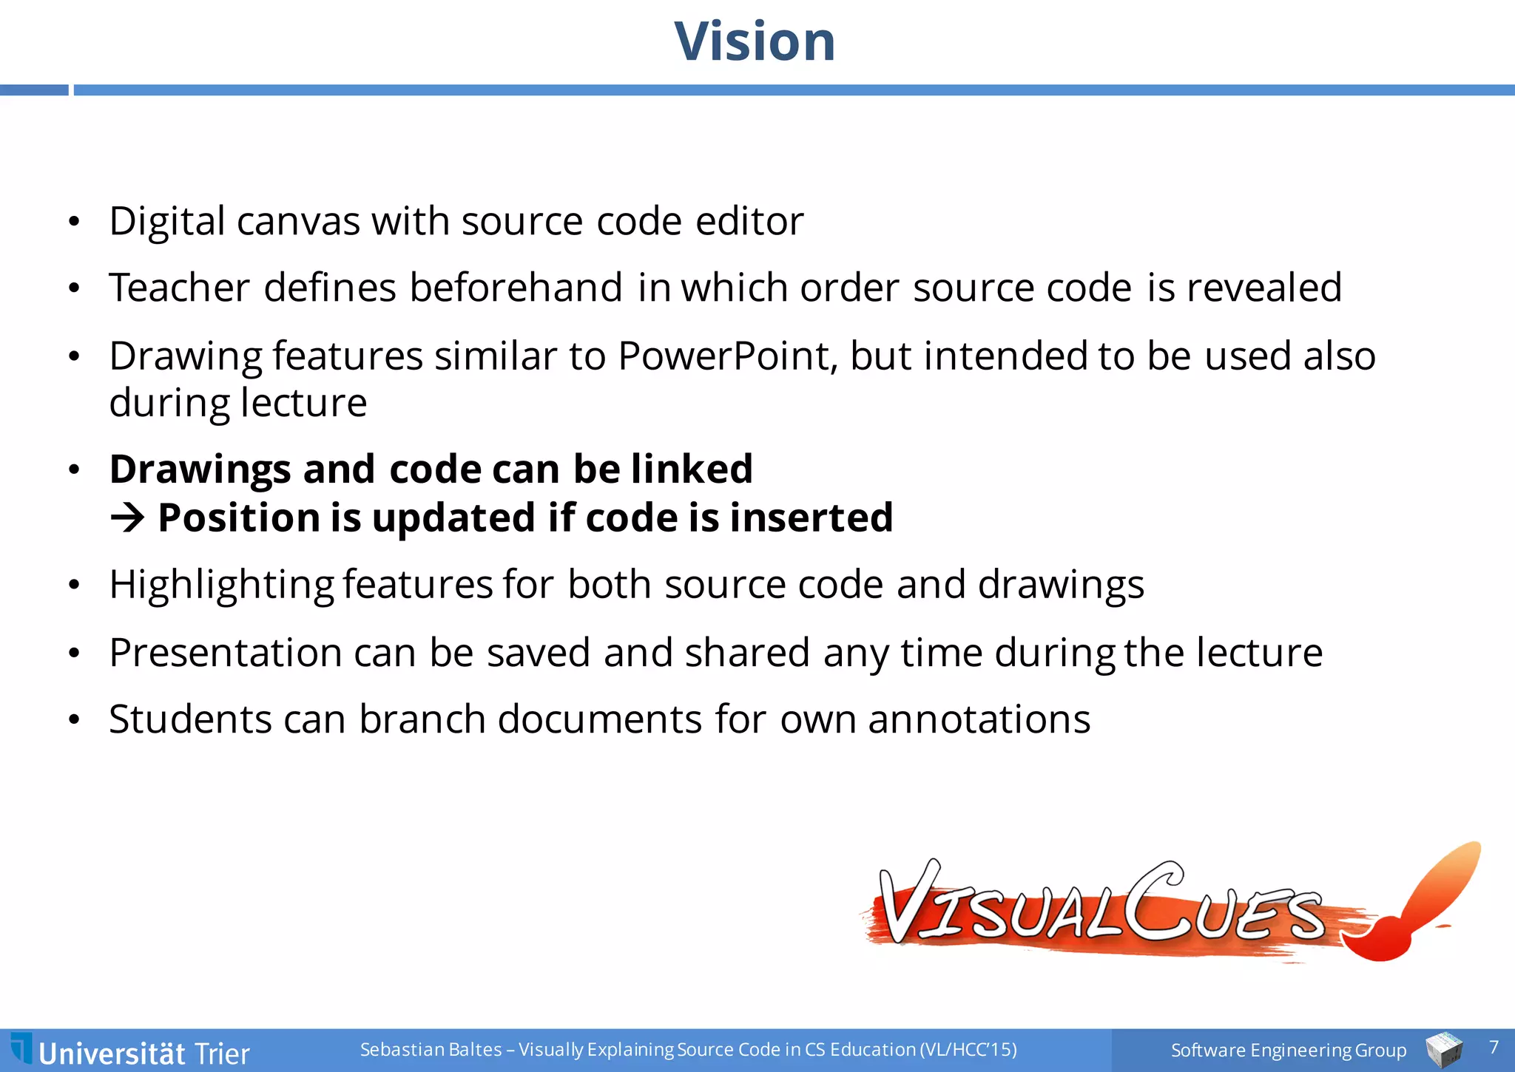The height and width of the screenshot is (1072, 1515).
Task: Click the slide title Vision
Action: pyautogui.click(x=755, y=41)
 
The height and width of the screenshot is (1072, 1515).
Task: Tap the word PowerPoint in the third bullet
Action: pyautogui.click(x=727, y=356)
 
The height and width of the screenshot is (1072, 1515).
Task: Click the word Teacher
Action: pyautogui.click(x=179, y=288)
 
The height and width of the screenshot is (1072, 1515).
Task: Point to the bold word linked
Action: pyautogui.click(x=692, y=469)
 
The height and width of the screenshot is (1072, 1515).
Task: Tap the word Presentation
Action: pyautogui.click(x=226, y=654)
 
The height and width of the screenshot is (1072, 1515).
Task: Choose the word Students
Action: pyautogui.click(x=190, y=719)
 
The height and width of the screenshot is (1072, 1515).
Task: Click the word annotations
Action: pyautogui.click(x=979, y=719)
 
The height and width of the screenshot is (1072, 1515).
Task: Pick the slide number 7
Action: pyautogui.click(x=1494, y=1047)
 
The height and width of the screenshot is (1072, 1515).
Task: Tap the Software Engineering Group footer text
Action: pyautogui.click(x=1288, y=1050)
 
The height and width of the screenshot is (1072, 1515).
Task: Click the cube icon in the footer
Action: pyautogui.click(x=1443, y=1050)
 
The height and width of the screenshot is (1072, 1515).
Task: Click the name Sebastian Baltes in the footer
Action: pyautogui.click(x=431, y=1050)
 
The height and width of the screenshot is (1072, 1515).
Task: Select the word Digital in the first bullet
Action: pyautogui.click(x=167, y=222)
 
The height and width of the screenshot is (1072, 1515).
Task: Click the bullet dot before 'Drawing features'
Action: pyautogui.click(x=73, y=357)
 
